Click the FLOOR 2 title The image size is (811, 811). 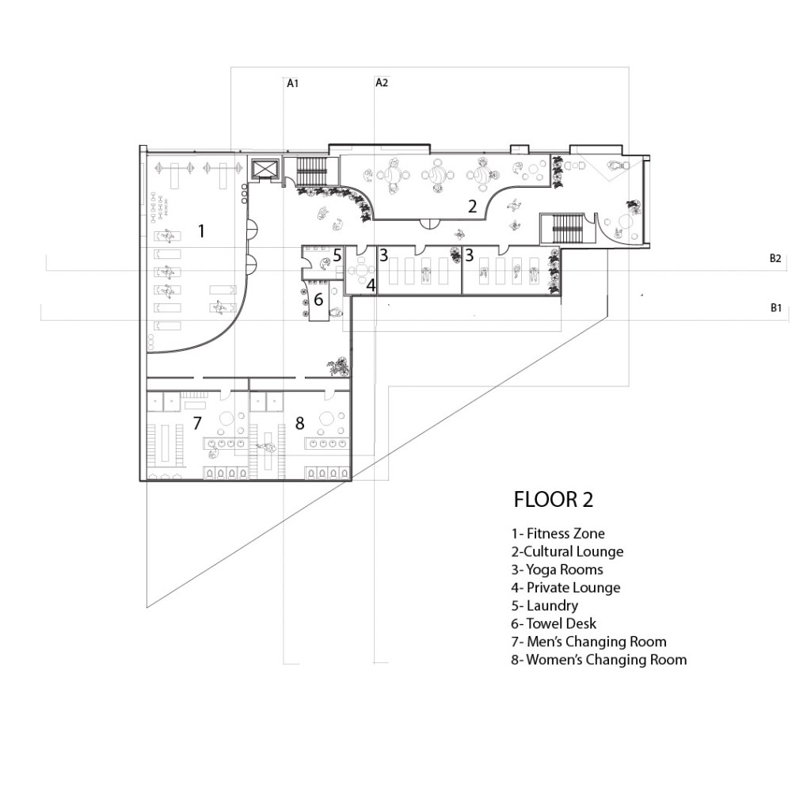[x=553, y=500]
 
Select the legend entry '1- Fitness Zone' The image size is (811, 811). [x=558, y=533]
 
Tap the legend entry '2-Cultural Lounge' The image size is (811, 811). [x=567, y=551]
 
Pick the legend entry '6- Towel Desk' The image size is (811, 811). [x=554, y=623]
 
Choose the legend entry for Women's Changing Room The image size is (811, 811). [x=599, y=660]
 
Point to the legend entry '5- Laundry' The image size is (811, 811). [x=545, y=605]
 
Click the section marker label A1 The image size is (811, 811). [x=293, y=83]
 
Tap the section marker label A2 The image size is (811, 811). [x=382, y=82]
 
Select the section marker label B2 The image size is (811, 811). [x=775, y=259]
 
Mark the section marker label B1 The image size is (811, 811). [x=776, y=308]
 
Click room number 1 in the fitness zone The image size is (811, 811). [x=201, y=230]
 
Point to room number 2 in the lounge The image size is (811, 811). [x=472, y=207]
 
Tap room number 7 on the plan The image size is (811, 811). [x=197, y=423]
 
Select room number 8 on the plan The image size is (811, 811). [x=300, y=423]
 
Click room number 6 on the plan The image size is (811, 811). [x=318, y=299]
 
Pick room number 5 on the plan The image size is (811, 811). [x=337, y=256]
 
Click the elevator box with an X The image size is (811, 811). [x=265, y=169]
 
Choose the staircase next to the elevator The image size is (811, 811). [x=312, y=171]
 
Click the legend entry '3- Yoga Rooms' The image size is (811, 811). [x=557, y=569]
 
